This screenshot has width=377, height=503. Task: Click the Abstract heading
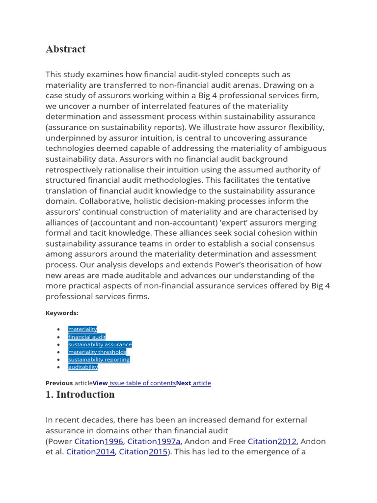click(65, 49)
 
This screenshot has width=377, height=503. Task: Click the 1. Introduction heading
click(80, 395)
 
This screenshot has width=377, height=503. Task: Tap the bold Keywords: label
click(62, 313)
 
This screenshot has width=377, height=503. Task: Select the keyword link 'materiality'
click(82, 329)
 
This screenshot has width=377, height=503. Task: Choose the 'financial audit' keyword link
click(87, 337)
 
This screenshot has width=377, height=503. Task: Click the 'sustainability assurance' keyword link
click(100, 344)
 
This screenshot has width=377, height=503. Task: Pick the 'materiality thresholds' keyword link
click(97, 352)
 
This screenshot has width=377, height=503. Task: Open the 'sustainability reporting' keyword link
click(99, 360)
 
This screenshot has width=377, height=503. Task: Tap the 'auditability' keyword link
click(83, 367)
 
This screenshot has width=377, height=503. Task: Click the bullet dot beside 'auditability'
click(58, 367)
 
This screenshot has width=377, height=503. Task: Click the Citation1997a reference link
click(154, 441)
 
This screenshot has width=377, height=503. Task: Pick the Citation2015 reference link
click(143, 451)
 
